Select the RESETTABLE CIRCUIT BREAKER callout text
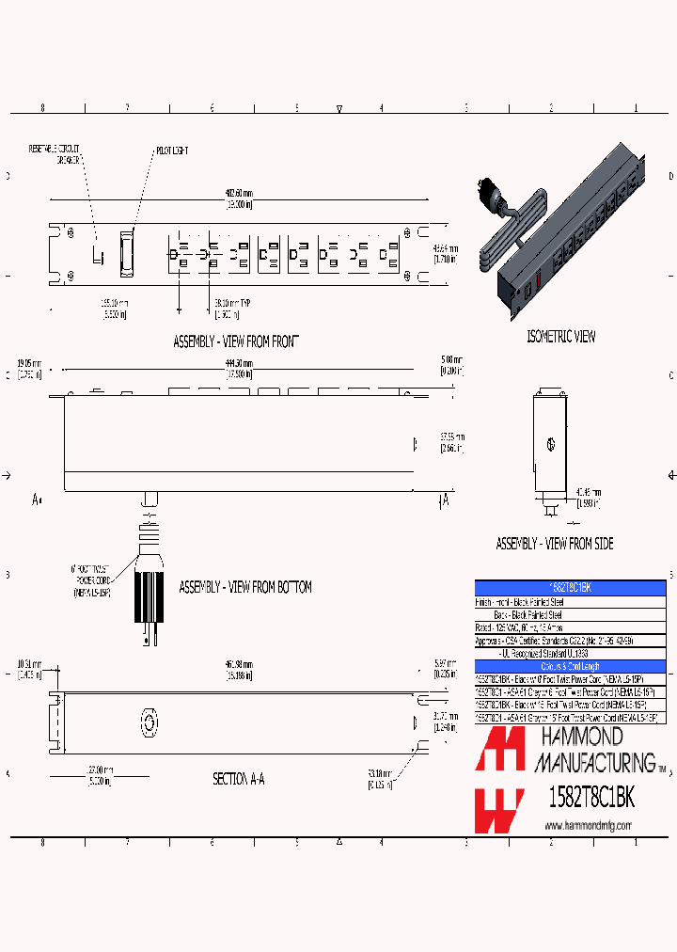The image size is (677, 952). [55, 154]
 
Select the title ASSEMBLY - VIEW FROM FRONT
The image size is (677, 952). [235, 341]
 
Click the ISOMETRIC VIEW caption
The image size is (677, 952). [560, 336]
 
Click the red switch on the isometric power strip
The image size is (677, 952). [537, 279]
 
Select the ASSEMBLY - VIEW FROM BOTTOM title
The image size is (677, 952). [244, 587]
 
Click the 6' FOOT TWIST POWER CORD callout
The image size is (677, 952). [91, 581]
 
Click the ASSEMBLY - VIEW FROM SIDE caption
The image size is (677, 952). [554, 544]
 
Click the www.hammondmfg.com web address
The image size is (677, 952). [588, 825]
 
